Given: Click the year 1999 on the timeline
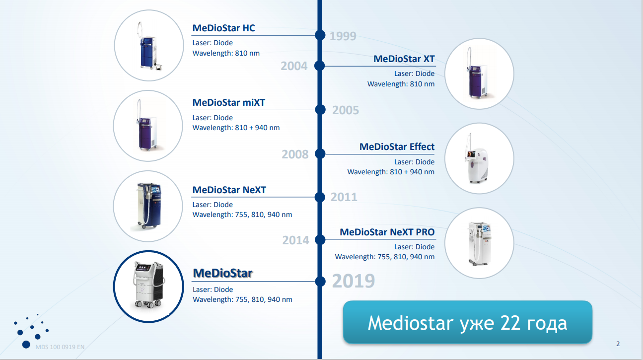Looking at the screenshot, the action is [343, 36].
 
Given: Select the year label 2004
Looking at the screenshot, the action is [294, 66].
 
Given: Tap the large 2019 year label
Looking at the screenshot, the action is [354, 281].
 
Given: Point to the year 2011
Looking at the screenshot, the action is [344, 197].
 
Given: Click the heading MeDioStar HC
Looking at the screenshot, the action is [223, 28].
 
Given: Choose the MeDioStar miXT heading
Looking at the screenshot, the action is [228, 102].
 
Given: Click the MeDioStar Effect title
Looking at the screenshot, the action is [397, 146].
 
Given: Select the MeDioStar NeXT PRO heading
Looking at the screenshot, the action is [387, 232].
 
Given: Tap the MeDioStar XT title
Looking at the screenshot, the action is [404, 59].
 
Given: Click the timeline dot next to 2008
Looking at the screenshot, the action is [320, 154].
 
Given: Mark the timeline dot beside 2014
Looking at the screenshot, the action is [320, 239].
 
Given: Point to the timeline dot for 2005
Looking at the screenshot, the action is [320, 110].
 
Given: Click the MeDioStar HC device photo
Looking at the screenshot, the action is [149, 46].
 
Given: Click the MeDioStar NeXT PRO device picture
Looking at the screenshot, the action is [479, 243].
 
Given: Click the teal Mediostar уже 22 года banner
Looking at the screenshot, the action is [468, 322].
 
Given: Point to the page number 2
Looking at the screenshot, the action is [618, 344].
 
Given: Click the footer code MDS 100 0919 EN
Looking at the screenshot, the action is [60, 347].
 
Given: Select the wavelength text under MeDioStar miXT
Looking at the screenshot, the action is [236, 128].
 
